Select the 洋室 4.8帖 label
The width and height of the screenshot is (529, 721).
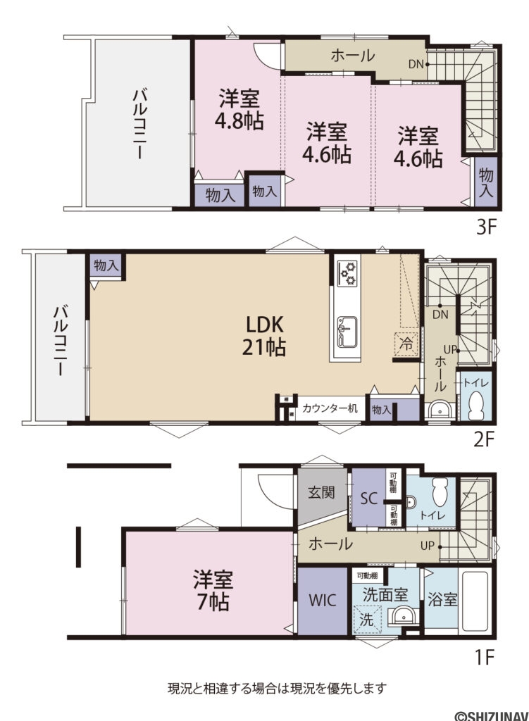tap(240, 108)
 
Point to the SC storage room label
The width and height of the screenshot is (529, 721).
tap(368, 498)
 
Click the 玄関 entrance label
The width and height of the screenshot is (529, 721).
tap(320, 493)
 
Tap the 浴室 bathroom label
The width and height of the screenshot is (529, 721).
tap(442, 600)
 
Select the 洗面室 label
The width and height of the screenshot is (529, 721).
tap(385, 594)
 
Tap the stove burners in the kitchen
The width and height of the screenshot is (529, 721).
tap(347, 273)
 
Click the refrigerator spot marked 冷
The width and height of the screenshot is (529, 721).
tap(406, 344)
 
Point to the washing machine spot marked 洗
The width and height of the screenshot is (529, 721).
tap(367, 620)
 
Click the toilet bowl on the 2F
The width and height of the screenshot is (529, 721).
tap(474, 406)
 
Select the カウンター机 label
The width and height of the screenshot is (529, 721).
tap(330, 408)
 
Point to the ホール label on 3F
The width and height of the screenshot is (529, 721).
tap(352, 56)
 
